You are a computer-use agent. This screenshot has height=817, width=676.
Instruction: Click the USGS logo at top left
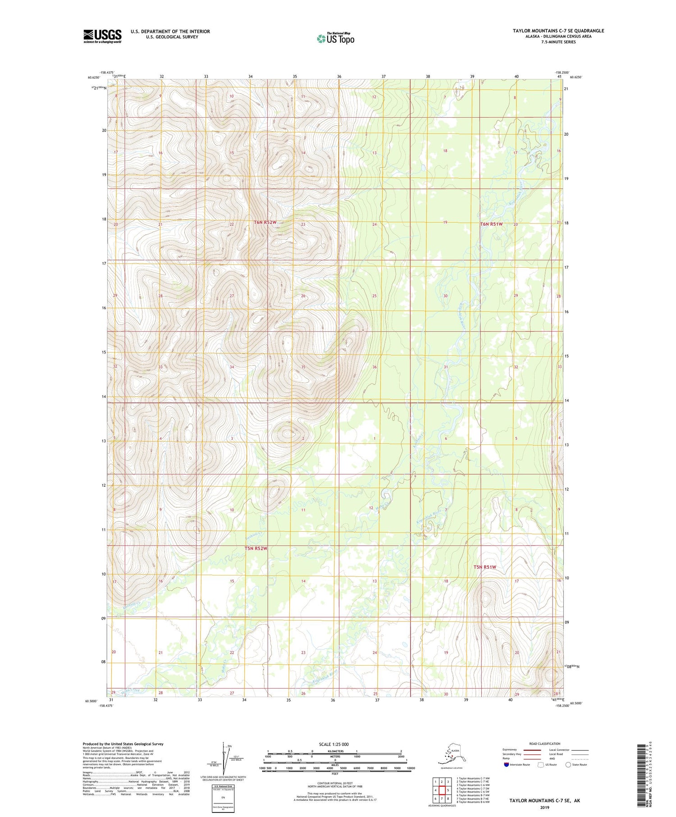coord(102,36)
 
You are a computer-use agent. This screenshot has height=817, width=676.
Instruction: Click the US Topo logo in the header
coord(335,38)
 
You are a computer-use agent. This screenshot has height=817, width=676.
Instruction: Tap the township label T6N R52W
coord(265,223)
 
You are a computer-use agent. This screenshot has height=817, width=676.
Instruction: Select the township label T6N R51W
coord(491,224)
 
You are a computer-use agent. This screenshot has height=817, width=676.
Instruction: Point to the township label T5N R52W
coord(256,548)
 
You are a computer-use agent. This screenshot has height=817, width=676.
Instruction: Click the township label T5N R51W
coord(484,567)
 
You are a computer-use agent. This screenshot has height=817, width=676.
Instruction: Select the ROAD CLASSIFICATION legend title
coord(545,744)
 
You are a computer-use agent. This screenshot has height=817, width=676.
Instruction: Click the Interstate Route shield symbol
coord(507,765)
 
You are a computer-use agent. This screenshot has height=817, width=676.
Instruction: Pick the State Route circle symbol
coord(568,765)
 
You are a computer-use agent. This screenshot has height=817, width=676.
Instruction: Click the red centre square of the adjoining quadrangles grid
coord(442,790)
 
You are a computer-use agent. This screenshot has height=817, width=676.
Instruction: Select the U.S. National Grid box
coord(223,798)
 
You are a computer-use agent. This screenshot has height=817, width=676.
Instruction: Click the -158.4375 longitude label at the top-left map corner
coord(107,73)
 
